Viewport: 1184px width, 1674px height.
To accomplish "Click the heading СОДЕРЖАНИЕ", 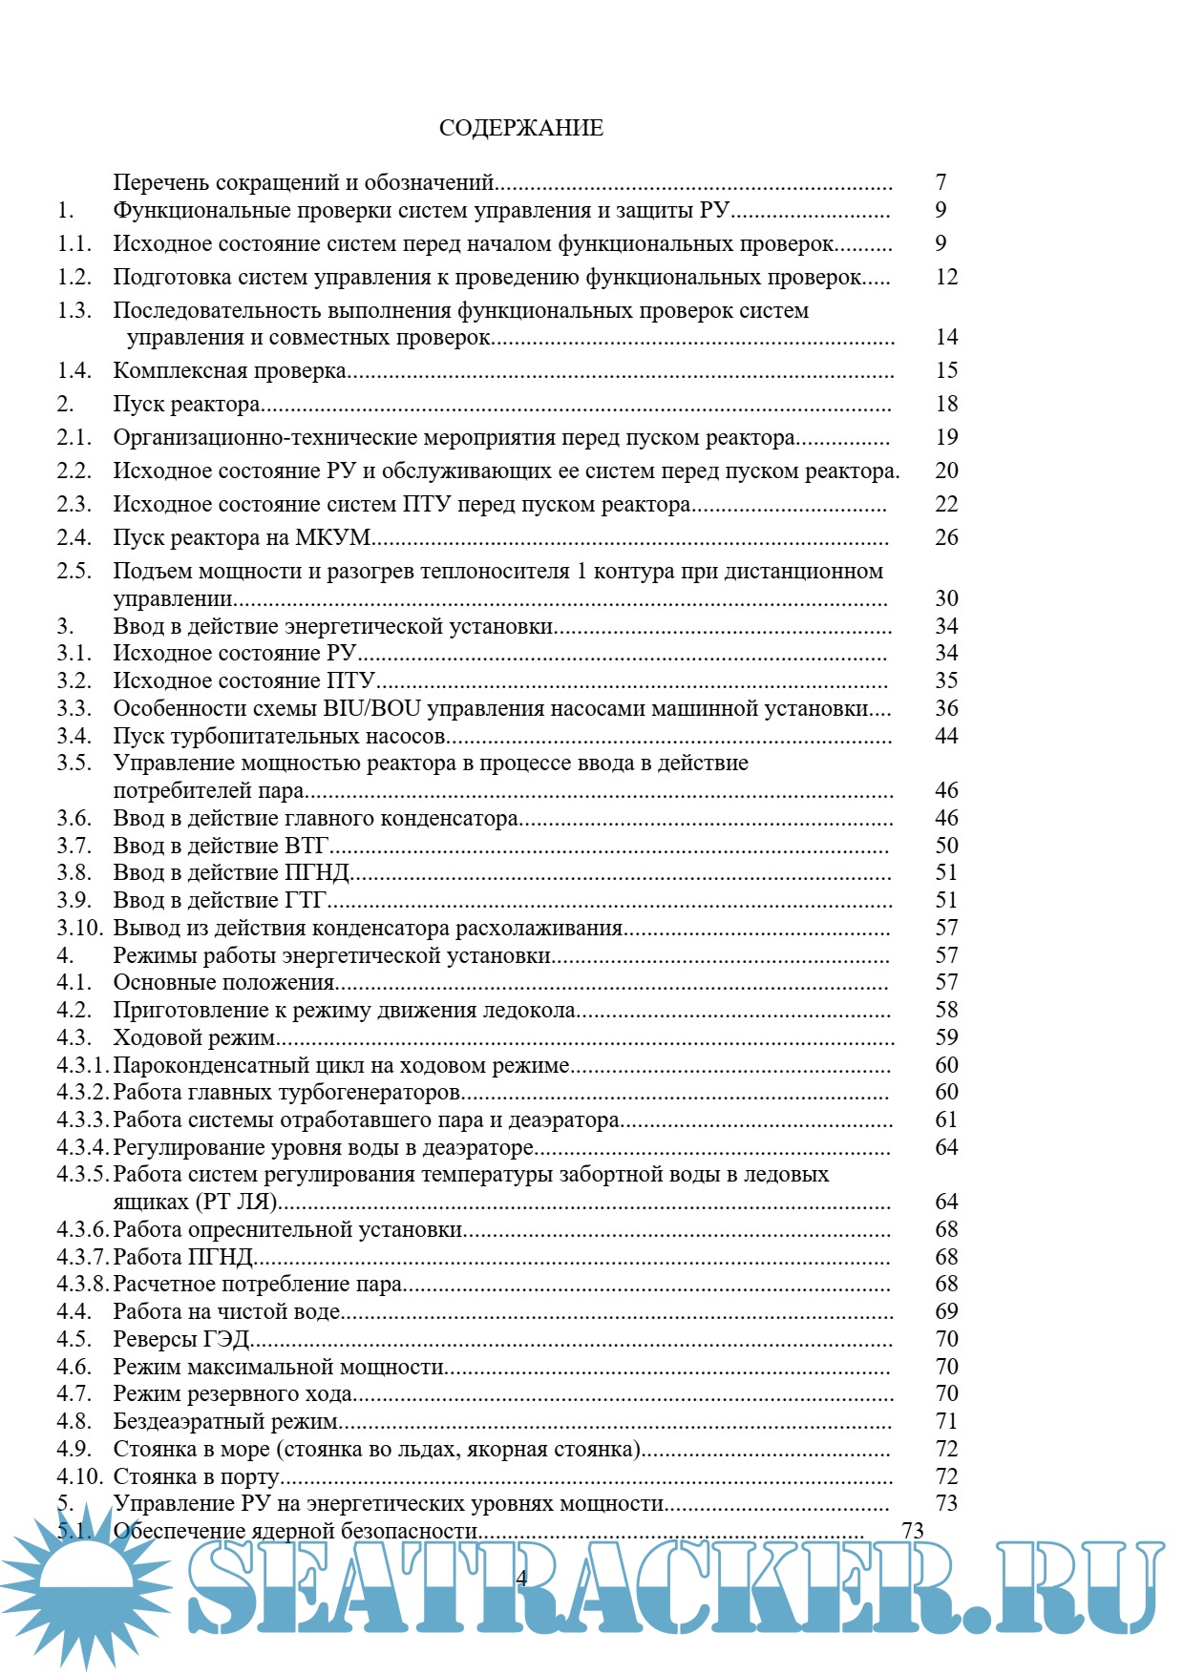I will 520,128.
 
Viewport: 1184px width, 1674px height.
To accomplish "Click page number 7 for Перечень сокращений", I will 941,181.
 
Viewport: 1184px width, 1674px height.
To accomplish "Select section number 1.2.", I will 74,277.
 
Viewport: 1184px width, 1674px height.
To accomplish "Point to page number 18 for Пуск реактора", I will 946,404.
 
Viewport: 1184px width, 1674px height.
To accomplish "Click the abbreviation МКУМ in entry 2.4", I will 333,537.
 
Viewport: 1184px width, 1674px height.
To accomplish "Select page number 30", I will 946,598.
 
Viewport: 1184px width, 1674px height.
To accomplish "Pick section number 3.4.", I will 74,736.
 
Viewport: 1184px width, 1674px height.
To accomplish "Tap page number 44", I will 946,736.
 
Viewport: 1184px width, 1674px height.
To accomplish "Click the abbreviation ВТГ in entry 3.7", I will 307,846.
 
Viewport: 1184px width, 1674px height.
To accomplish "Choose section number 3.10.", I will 79,928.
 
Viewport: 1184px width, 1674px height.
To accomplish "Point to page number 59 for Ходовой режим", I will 946,1037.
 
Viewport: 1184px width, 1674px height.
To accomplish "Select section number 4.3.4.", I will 83,1147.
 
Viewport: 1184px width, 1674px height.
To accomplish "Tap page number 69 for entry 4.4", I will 946,1311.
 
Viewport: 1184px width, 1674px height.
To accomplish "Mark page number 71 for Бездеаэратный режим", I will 946,1421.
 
